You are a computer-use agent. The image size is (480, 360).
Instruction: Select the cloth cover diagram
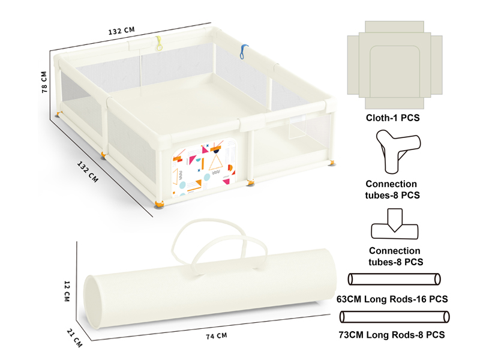pyautogui.click(x=394, y=64)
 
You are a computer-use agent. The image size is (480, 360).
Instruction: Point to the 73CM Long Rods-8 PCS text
pyautogui.click(x=394, y=333)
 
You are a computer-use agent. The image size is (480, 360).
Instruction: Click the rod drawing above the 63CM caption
pyautogui.click(x=394, y=279)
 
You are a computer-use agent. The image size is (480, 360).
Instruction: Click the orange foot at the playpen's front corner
pyautogui.click(x=160, y=205)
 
